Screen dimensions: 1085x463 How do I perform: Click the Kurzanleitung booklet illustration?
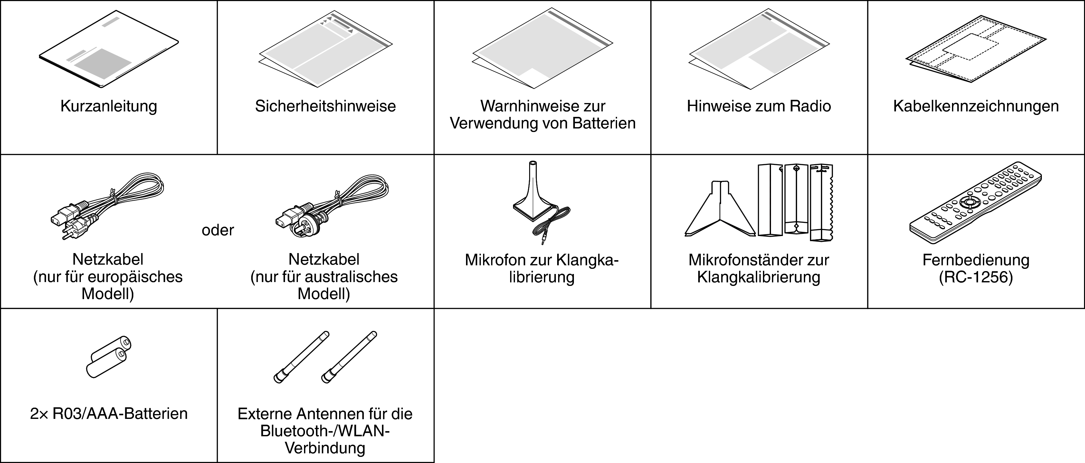[109, 49]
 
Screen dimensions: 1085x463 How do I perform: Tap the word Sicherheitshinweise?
[325, 106]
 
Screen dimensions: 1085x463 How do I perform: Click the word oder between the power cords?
[218, 230]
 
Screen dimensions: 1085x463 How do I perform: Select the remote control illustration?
[976, 202]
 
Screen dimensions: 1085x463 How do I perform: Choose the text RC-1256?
[976, 277]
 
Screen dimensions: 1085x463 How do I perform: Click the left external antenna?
[301, 357]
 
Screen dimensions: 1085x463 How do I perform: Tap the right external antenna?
[349, 357]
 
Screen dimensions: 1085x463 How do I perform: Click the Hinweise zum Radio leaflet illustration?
[759, 50]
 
